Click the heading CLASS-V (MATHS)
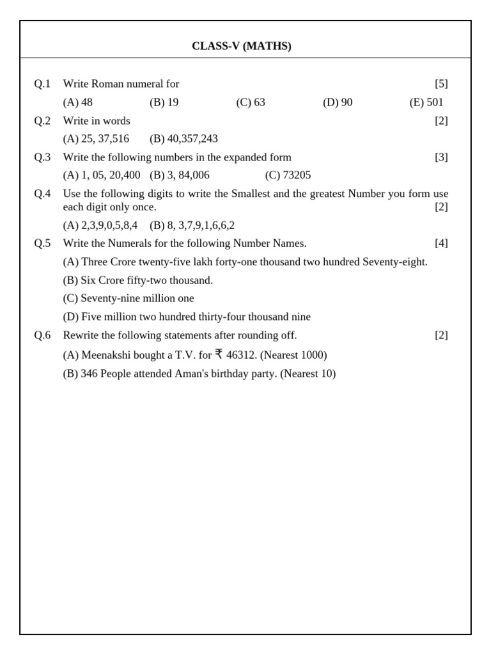coord(241,46)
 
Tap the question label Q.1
coord(42,84)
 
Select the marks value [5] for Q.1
coord(441,84)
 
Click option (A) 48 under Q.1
coord(77,102)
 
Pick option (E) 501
coord(426,102)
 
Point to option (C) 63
coord(251,102)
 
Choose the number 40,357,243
coord(192,139)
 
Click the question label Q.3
coord(42,157)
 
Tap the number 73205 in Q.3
coord(297,175)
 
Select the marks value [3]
coord(441,157)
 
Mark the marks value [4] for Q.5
coord(441,243)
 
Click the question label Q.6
coord(42,335)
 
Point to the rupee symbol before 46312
coord(219,354)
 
